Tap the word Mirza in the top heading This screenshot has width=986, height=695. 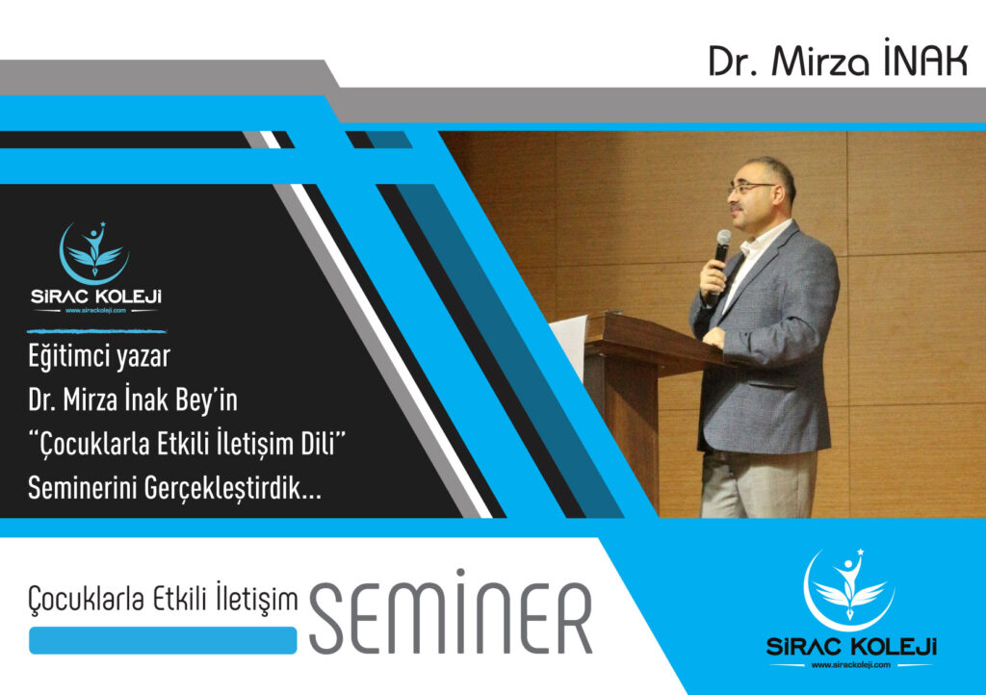(821, 62)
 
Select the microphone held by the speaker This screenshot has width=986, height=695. (717, 264)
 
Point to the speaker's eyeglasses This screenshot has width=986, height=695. (751, 188)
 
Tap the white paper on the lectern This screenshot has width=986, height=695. (568, 346)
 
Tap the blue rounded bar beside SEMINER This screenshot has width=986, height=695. (163, 640)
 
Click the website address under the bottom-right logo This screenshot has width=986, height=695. (851, 665)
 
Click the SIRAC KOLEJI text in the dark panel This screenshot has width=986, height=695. (96, 296)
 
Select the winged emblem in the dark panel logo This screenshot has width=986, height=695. (94, 252)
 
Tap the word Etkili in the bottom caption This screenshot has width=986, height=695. (180, 598)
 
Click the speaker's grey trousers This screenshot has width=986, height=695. (759, 484)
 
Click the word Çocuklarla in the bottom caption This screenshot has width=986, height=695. (88, 599)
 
